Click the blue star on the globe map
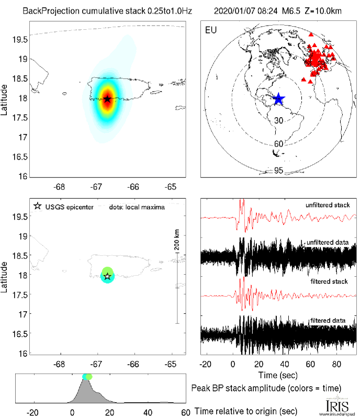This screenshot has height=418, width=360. (x=278, y=99)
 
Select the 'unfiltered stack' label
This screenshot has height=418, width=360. (x=328, y=206)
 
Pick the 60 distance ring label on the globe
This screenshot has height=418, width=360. (x=279, y=143)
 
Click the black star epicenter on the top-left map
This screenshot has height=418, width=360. (x=107, y=99)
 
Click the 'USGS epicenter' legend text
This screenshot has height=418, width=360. (x=68, y=207)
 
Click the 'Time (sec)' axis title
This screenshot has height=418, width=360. (x=278, y=375)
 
